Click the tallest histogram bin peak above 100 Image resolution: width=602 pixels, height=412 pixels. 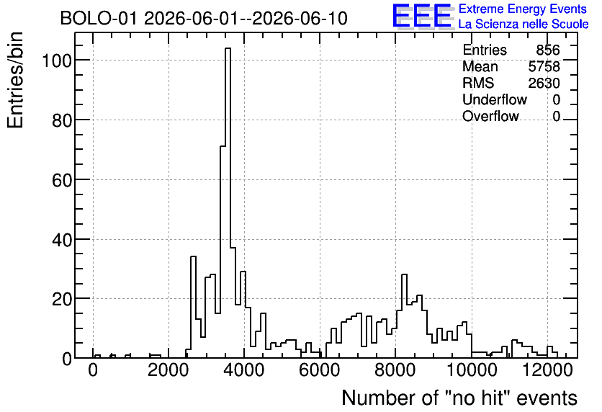(x=228, y=48)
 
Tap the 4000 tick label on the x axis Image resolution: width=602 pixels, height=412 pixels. (x=244, y=370)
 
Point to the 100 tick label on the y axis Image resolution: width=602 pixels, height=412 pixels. (x=57, y=61)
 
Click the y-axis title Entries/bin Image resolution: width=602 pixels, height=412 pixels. (x=15, y=80)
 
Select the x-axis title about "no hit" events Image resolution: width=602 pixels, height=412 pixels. (x=459, y=398)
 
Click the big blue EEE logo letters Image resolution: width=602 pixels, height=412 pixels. (x=422, y=16)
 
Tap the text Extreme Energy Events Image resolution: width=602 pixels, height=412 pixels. (x=523, y=9)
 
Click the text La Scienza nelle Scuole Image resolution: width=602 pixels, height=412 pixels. (x=524, y=24)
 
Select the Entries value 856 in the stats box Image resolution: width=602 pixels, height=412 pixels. (x=548, y=50)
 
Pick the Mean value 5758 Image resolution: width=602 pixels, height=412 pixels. (x=544, y=66)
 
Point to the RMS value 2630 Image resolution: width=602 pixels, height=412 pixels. (x=544, y=83)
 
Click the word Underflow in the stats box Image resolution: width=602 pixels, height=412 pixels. (x=495, y=99)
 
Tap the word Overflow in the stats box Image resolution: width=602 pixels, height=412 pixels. (x=490, y=116)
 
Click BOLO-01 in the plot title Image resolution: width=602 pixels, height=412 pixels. (x=98, y=18)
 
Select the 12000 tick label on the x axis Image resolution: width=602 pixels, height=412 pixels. (x=548, y=370)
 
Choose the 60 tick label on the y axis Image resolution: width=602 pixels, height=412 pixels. (x=62, y=179)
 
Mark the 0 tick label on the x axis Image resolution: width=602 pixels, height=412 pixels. (x=93, y=370)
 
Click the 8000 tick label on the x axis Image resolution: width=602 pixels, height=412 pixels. (x=395, y=370)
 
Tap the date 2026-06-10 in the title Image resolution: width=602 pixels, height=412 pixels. (x=300, y=18)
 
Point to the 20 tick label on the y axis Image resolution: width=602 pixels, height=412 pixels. (x=62, y=299)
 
